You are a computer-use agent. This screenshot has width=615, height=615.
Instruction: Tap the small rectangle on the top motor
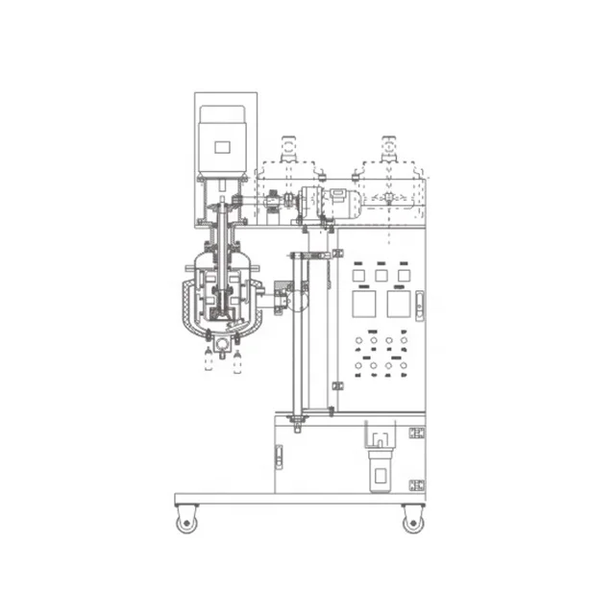pos(222,148)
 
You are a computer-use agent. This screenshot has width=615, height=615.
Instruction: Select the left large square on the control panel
pos(365,305)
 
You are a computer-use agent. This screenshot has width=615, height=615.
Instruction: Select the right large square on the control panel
pos(398,305)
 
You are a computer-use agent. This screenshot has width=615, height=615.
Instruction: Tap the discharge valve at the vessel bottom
pos(223,342)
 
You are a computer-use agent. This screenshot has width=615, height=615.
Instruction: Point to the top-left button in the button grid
pos(358,341)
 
